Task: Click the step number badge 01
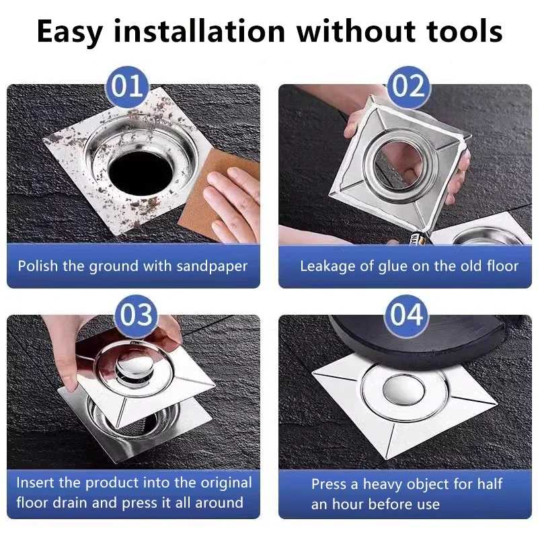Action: (128, 87)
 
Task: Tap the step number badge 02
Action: (409, 87)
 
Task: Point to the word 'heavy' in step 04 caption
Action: (385, 484)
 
